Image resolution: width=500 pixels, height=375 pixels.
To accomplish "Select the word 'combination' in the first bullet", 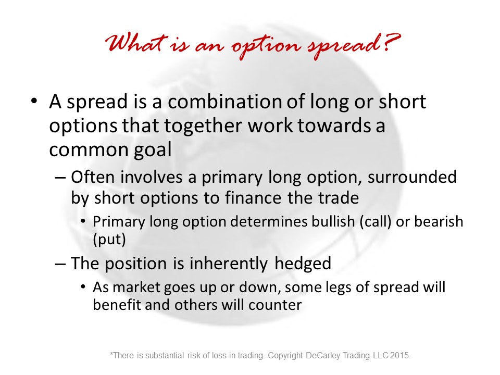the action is pyautogui.click(x=225, y=102).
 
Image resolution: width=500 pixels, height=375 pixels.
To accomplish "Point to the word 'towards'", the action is pyautogui.click(x=334, y=126).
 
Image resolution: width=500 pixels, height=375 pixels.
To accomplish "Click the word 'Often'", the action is pyautogui.click(x=93, y=177).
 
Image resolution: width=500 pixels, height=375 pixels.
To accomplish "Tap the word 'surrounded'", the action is pyautogui.click(x=412, y=177).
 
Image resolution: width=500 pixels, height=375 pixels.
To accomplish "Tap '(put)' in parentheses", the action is pyautogui.click(x=109, y=240).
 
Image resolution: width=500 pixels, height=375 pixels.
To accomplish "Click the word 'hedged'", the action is pyautogui.click(x=303, y=264).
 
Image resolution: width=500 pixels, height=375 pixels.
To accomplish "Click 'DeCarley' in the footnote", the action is pyautogui.click(x=322, y=355).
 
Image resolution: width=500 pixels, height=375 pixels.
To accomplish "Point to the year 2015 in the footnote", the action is pyautogui.click(x=401, y=355).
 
